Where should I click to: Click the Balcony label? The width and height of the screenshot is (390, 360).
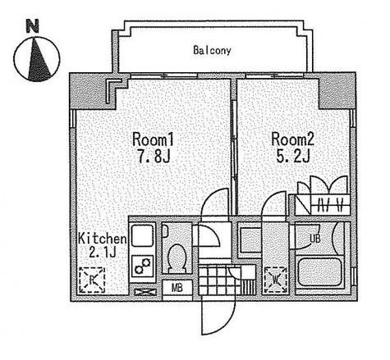(x=212, y=51)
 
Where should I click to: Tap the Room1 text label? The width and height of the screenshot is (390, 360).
(x=153, y=139)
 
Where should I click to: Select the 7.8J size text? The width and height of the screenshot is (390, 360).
(x=154, y=157)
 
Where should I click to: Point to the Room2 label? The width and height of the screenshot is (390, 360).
(x=292, y=139)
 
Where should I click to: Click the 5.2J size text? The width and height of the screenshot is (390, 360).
(x=293, y=157)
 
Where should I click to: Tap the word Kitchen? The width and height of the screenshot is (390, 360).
(x=103, y=239)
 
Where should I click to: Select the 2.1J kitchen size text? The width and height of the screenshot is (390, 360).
(x=103, y=253)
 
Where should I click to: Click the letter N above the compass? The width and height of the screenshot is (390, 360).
(x=32, y=26)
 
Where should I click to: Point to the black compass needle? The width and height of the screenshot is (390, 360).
(x=39, y=61)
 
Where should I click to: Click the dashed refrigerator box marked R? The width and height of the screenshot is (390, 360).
(x=92, y=280)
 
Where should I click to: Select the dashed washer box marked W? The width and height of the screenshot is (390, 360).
(x=276, y=280)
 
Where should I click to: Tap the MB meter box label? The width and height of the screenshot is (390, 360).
(x=177, y=288)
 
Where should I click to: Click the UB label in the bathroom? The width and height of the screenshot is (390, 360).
(x=315, y=239)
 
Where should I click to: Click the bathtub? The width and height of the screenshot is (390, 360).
(x=319, y=272)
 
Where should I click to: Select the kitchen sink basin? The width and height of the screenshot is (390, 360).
(x=142, y=235)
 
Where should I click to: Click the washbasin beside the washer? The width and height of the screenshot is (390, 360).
(x=250, y=240)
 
